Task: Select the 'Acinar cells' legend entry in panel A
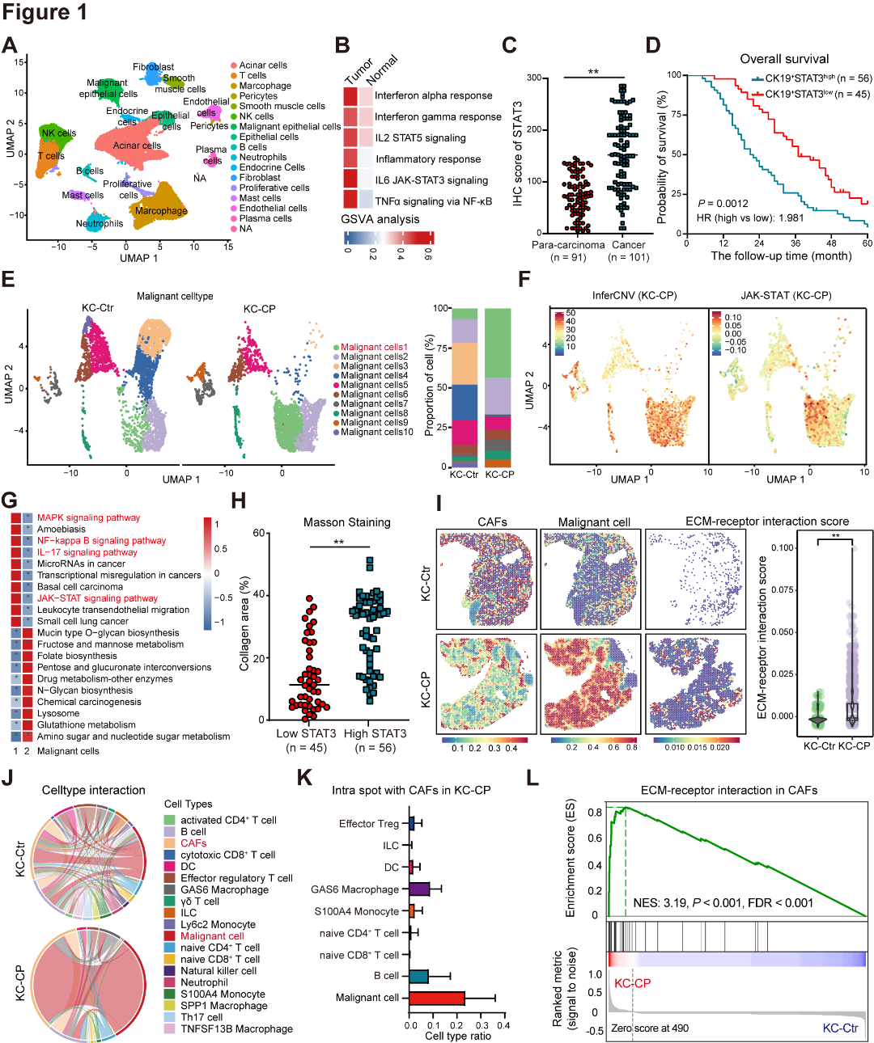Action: pyautogui.click(x=262, y=65)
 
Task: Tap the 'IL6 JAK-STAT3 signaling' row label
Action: pyautogui.click(x=431, y=180)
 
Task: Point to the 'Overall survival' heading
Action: pyautogui.click(x=783, y=59)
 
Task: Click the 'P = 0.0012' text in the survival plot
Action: pyautogui.click(x=723, y=204)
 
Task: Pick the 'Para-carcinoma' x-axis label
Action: pyautogui.click(x=567, y=245)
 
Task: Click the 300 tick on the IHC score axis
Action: pyautogui.click(x=534, y=78)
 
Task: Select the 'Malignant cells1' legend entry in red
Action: pyautogui.click(x=374, y=347)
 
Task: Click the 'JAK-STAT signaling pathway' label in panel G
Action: pyautogui.click(x=97, y=598)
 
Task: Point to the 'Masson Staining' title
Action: pyautogui.click(x=346, y=522)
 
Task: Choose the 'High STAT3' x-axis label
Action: pyautogui.click(x=375, y=733)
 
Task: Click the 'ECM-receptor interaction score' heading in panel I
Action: pyautogui.click(x=766, y=521)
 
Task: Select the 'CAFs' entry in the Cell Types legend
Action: pyautogui.click(x=193, y=843)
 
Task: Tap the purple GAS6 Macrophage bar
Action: pyautogui.click(x=419, y=889)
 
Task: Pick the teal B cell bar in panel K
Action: pyautogui.click(x=418, y=976)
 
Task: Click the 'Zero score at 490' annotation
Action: pyautogui.click(x=650, y=1028)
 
